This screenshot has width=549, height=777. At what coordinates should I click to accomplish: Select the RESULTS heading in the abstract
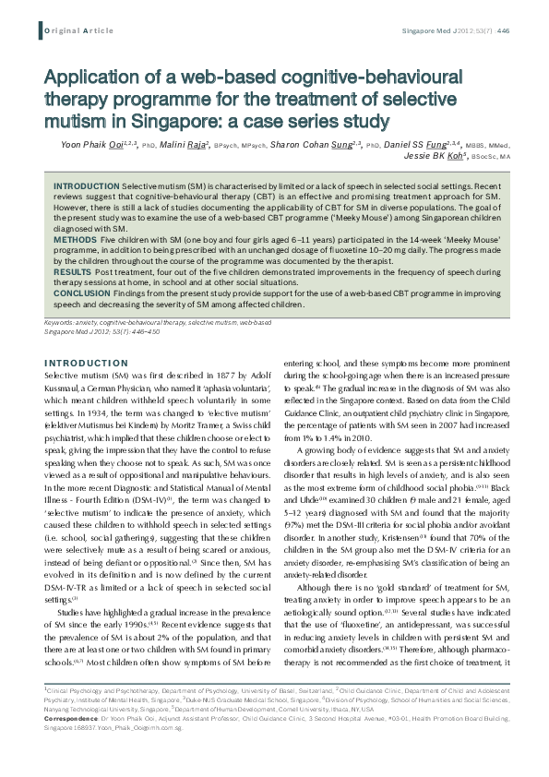73,273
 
